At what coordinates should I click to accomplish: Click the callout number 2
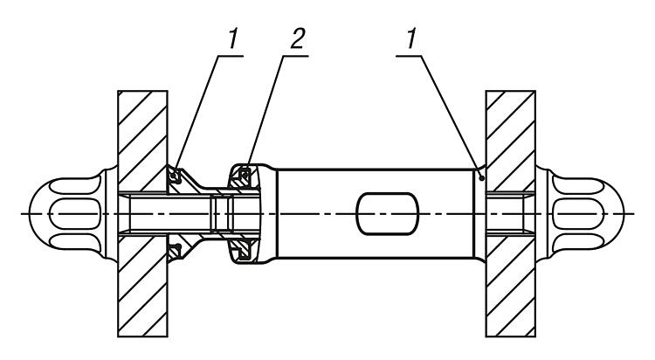point(297,39)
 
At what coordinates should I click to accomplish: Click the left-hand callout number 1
point(232,39)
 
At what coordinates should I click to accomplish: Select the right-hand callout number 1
point(411,39)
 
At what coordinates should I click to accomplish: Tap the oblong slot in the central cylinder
point(387,214)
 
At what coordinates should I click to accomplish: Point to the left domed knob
point(73,214)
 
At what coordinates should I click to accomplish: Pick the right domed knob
point(580,214)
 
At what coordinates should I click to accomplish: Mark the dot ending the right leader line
point(481,178)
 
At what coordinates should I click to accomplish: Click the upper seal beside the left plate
point(175,176)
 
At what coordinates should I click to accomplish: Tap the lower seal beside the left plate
point(175,252)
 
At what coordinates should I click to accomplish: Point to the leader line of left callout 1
point(197,112)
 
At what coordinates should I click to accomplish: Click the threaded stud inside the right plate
point(510,214)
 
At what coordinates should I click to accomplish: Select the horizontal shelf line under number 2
point(296,55)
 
